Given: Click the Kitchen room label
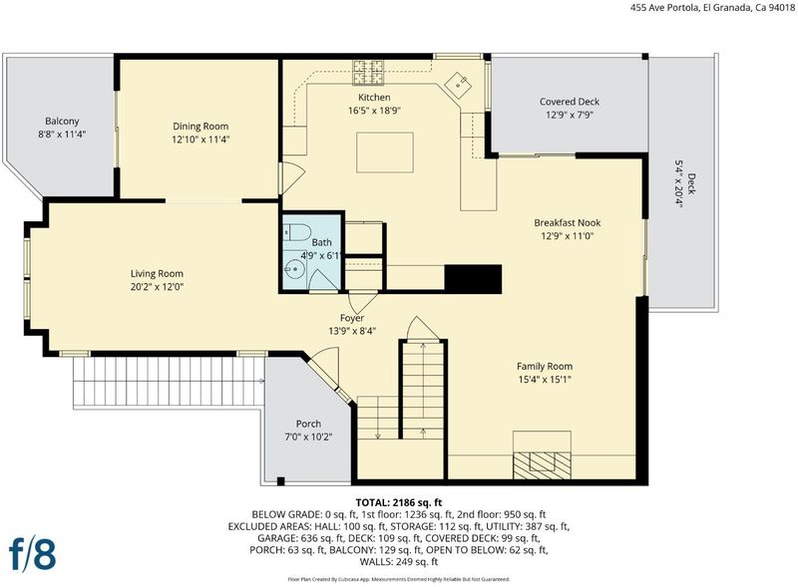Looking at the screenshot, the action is (x=374, y=97).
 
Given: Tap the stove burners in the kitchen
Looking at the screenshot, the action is (x=368, y=72).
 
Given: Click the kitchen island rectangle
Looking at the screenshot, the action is (x=385, y=152).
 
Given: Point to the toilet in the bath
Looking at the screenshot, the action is (x=297, y=232).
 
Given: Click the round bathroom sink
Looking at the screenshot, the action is (x=293, y=268).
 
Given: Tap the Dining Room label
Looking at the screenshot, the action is (x=200, y=127).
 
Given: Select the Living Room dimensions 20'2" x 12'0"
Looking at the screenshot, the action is (x=157, y=287).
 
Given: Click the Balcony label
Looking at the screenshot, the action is (x=62, y=121).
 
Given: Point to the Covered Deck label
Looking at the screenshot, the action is (x=570, y=102).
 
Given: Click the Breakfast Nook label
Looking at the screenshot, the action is (x=567, y=223).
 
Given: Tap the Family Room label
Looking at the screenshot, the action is (x=545, y=366).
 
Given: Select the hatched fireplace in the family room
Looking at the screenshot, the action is (x=542, y=464).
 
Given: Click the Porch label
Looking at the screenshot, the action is (x=308, y=424).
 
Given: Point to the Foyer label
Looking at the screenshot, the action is (x=352, y=318).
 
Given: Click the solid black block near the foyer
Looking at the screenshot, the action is (x=473, y=278).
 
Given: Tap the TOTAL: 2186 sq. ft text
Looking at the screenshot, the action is (x=399, y=503).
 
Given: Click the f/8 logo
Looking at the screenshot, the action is (x=33, y=553).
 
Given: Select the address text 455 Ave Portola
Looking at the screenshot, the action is (x=661, y=8).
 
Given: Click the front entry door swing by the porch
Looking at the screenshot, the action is (x=324, y=368).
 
